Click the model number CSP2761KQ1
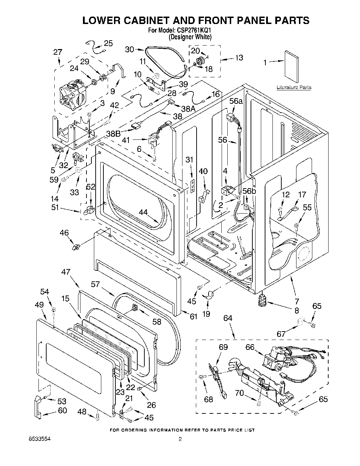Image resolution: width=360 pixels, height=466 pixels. tap(192, 31)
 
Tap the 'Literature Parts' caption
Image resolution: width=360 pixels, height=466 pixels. tap(294, 87)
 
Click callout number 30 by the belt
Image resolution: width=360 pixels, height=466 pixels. tap(130, 49)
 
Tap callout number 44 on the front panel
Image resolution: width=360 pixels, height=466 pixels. tap(143, 212)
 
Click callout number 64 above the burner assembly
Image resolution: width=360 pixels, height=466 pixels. tap(228, 318)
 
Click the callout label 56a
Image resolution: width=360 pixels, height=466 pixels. tap(236, 101)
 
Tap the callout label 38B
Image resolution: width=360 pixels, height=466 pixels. tap(113, 134)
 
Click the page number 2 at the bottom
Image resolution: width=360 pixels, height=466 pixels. tap(180, 440)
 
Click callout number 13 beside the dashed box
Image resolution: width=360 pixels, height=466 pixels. tap(239, 58)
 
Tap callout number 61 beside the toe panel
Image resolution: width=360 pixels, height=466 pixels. tap(193, 317)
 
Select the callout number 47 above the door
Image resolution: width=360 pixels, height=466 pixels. tap(66, 272)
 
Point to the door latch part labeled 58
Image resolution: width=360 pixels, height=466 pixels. tap(135, 308)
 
